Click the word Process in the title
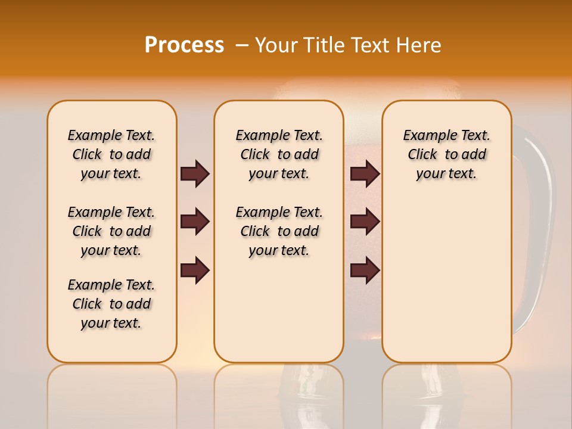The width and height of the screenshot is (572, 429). click(x=184, y=45)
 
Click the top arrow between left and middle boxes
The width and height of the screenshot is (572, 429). click(x=195, y=173)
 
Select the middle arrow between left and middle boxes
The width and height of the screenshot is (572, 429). click(x=195, y=222)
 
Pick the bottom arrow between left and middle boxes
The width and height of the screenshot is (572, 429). click(x=195, y=270)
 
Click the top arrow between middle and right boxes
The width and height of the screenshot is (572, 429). click(x=365, y=173)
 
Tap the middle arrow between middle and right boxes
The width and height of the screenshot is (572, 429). click(x=365, y=222)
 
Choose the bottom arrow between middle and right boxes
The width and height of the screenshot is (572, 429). click(x=365, y=270)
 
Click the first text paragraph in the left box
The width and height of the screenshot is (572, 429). click(x=111, y=154)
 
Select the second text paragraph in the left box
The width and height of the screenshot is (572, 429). click(x=111, y=231)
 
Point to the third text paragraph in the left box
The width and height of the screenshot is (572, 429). click(x=111, y=304)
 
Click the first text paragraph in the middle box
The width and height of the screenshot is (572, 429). click(x=279, y=154)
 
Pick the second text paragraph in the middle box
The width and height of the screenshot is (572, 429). click(x=279, y=231)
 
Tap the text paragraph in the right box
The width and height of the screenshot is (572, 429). click(x=446, y=154)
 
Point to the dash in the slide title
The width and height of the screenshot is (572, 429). click(x=242, y=45)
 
